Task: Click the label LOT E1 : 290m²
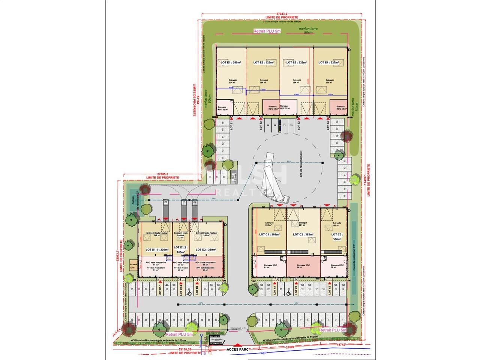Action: point(230,63)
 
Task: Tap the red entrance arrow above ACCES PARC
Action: point(236,344)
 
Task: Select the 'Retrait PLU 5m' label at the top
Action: point(267,31)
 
